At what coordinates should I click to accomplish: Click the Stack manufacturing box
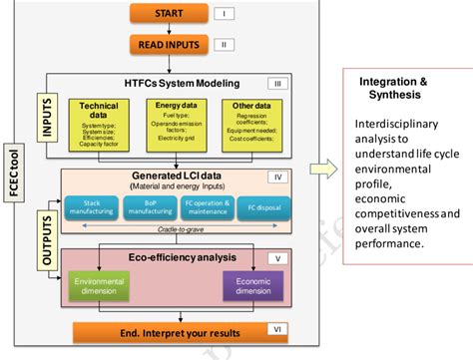tap(91, 208)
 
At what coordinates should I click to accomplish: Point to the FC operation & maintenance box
tap(207, 208)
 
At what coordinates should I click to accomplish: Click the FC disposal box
tap(262, 208)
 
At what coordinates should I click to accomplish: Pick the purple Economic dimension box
tap(252, 288)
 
